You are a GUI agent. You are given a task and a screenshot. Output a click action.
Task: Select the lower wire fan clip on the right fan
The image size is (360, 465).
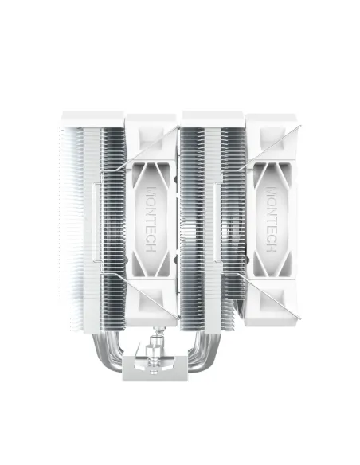[x=275, y=293]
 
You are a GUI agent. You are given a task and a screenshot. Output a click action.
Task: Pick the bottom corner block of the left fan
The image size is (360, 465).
[x=151, y=307]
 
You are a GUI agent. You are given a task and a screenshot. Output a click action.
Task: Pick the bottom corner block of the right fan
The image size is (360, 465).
[x=272, y=307]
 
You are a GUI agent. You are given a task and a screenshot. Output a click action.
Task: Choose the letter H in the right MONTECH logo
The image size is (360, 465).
[x=272, y=243]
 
